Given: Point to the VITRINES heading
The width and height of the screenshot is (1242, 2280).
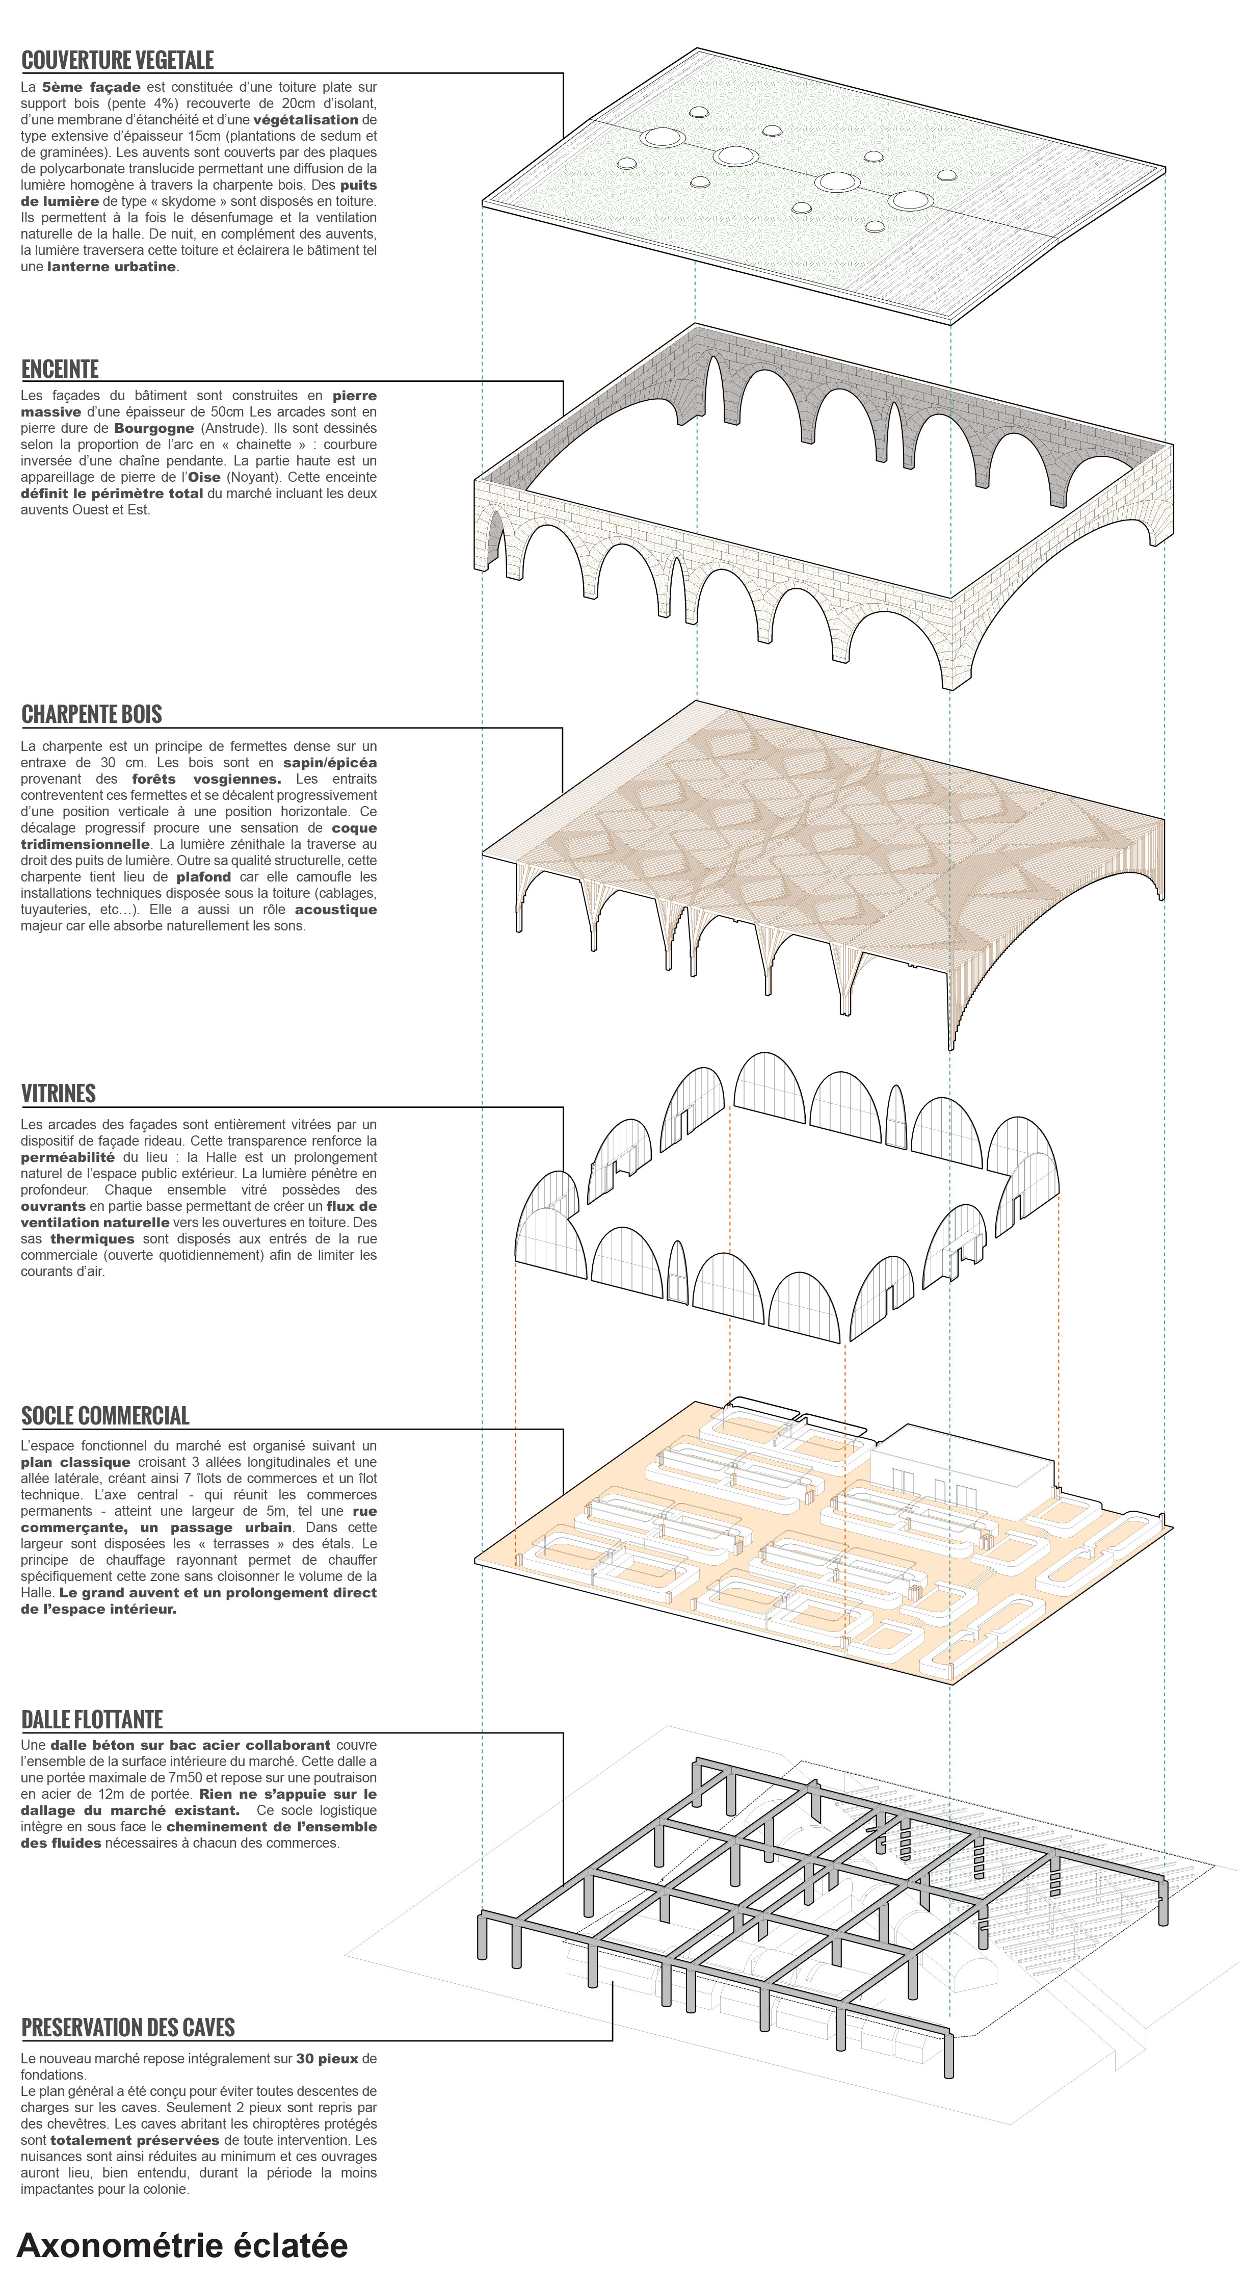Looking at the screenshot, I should (59, 1093).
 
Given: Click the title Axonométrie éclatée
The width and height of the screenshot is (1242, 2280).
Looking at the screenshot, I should (182, 2245).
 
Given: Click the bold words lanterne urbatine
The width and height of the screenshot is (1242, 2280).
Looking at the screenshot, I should (112, 267).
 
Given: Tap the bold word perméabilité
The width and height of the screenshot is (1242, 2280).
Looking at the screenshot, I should (67, 1157).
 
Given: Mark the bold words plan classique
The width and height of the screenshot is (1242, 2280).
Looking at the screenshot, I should (75, 1462).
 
